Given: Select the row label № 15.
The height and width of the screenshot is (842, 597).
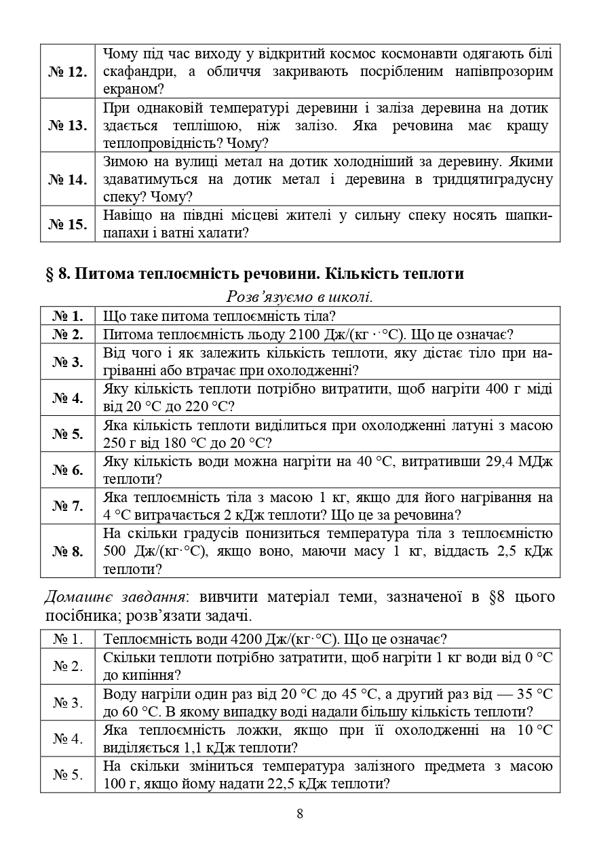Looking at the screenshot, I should point(68,225).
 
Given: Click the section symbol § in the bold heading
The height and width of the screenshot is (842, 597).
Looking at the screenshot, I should point(49,274).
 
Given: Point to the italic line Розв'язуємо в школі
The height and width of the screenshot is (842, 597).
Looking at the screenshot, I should point(299,297).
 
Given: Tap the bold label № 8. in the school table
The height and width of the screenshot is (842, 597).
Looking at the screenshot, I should point(68,551).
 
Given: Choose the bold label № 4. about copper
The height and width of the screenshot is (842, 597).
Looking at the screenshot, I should point(68,398).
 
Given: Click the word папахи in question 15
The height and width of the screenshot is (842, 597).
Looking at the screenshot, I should point(126,233).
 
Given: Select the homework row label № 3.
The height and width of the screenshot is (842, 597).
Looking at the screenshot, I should point(68,703).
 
